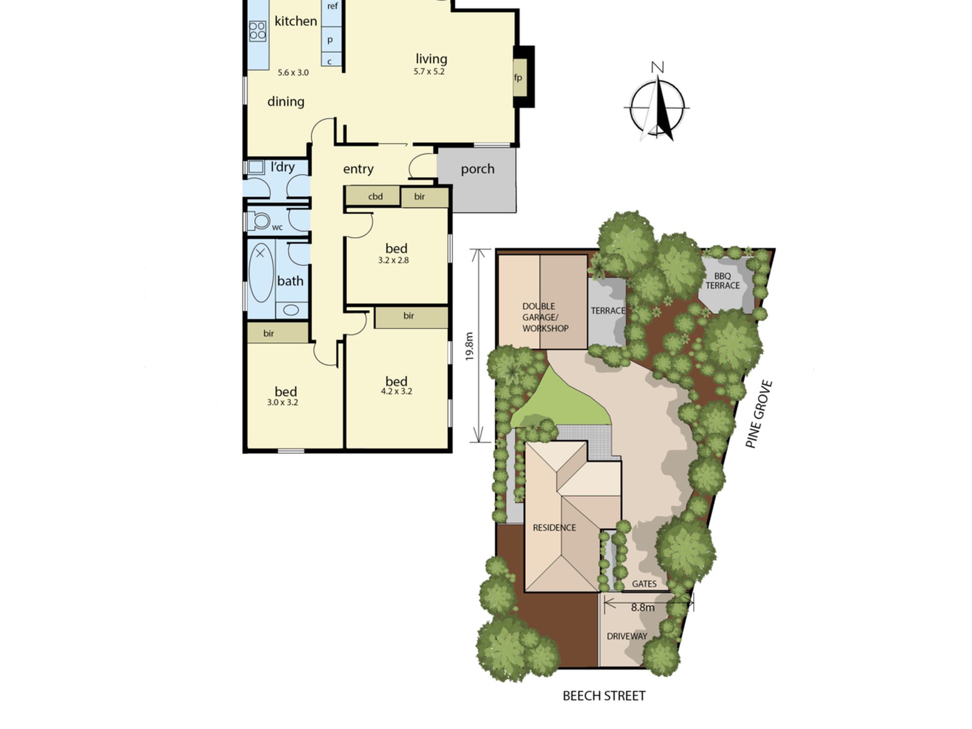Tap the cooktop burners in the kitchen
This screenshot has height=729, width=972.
click(258, 31)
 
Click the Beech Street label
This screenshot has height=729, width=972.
click(604, 696)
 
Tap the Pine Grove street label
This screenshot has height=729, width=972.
click(759, 414)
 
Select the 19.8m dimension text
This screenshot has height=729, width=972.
click(469, 346)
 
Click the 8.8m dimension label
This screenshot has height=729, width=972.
click(642, 607)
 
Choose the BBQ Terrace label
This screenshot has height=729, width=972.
click(723, 281)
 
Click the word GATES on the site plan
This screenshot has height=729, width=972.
click(644, 584)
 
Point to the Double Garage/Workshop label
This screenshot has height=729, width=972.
click(545, 317)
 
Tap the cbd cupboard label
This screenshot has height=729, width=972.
click(375, 196)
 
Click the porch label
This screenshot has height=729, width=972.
click(478, 169)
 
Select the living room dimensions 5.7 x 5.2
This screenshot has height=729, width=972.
click(429, 71)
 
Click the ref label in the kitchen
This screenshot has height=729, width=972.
click(332, 6)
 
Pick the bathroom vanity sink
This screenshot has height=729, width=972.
click(291, 310)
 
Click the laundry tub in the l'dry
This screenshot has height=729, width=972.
click(256, 167)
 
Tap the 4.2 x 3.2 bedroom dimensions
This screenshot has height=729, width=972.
click(397, 391)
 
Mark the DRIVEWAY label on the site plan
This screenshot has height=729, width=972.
click(627, 636)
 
